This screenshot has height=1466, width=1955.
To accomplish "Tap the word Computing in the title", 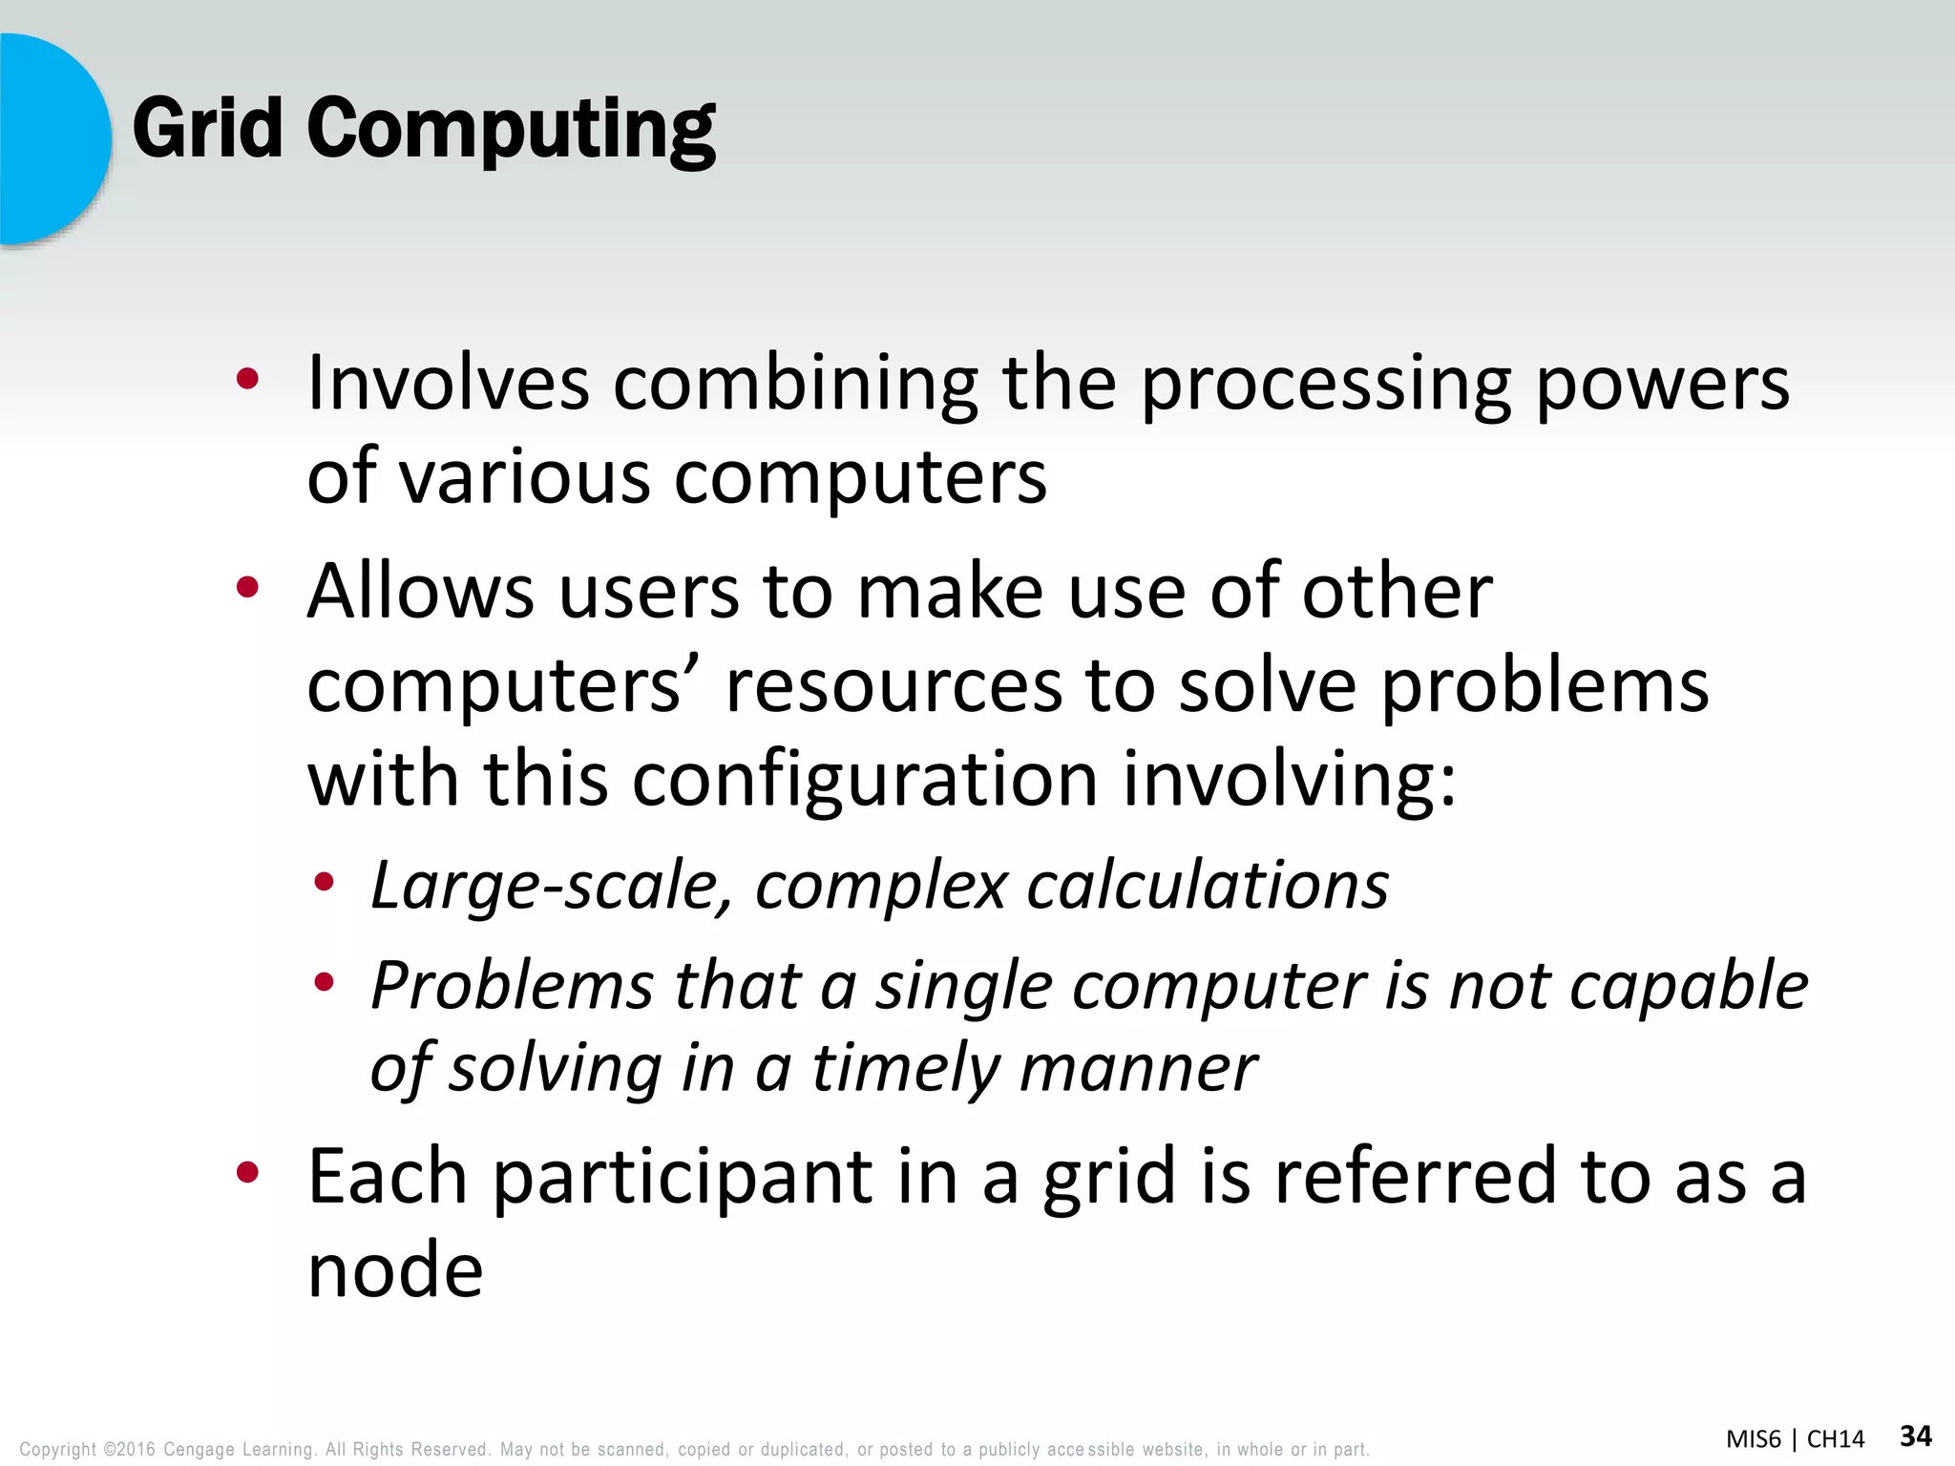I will tap(511, 132).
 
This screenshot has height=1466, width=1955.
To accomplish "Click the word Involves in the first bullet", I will tap(448, 384).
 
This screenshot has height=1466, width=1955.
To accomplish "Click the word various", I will tap(524, 476).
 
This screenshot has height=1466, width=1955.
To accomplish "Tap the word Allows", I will tap(420, 592).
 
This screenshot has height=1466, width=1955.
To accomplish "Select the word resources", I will tap(893, 685).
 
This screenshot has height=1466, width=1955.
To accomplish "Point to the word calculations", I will tap(1208, 886).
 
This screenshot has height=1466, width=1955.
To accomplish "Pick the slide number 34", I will tap(1916, 1435).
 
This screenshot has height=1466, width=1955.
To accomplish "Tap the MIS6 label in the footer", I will tap(1753, 1439).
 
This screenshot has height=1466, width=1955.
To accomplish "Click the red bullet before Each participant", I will tap(247, 1172).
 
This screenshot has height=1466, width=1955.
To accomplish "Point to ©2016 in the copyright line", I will tap(129, 1449).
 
